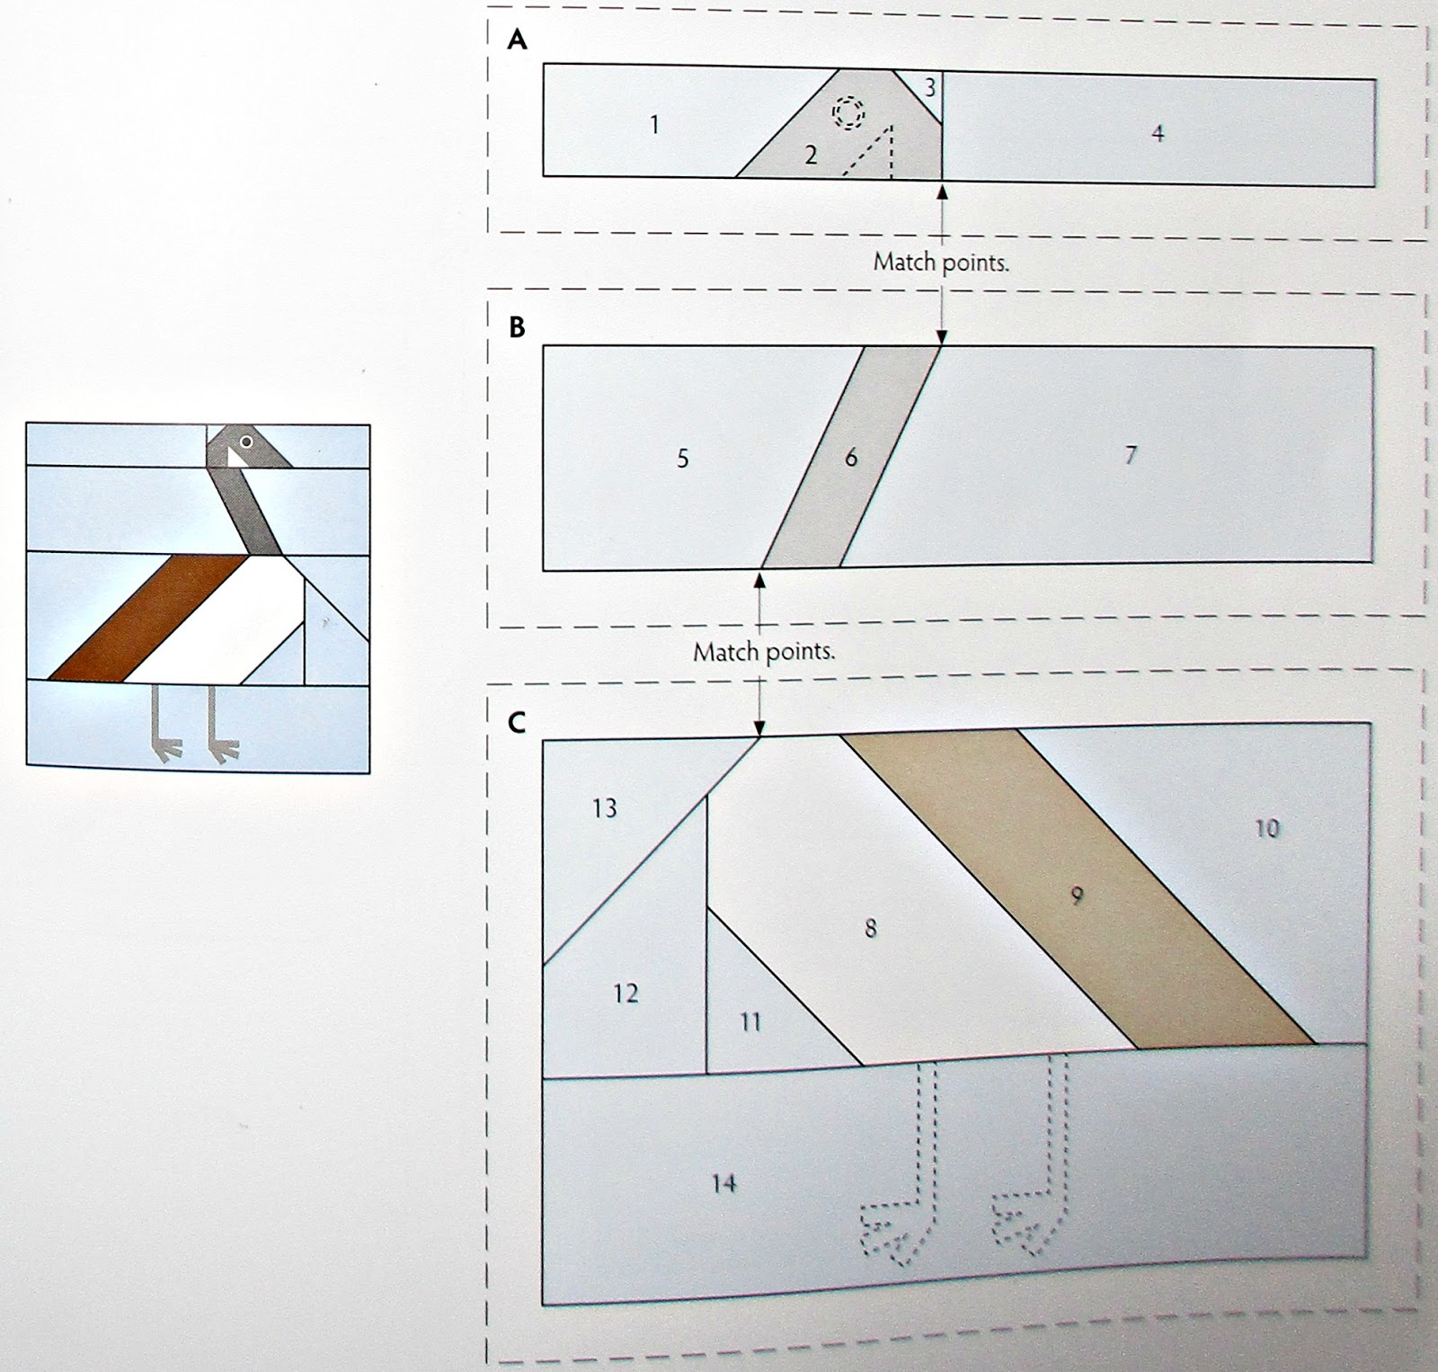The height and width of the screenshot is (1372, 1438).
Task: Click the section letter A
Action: click(x=517, y=40)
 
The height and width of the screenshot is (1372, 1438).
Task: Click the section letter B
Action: click(x=517, y=327)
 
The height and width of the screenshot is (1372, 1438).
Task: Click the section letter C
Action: click(x=516, y=722)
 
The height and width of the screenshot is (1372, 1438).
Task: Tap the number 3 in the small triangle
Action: click(x=929, y=87)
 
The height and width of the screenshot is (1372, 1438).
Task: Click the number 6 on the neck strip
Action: click(x=851, y=458)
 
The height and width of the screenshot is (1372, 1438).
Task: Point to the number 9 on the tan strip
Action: click(x=1078, y=895)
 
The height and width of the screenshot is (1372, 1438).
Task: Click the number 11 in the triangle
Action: click(x=750, y=1021)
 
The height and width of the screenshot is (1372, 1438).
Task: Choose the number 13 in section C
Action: click(x=605, y=808)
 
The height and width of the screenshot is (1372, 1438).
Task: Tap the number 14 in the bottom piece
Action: click(x=723, y=1183)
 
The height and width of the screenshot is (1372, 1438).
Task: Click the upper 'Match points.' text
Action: click(x=941, y=263)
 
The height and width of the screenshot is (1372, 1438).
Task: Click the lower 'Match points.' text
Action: click(x=764, y=651)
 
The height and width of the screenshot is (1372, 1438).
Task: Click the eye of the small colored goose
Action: click(x=245, y=441)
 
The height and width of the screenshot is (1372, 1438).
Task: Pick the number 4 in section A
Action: click(x=1158, y=133)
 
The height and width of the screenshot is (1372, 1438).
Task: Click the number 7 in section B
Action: click(x=1131, y=455)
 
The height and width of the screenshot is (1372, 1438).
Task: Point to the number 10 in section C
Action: click(x=1266, y=828)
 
